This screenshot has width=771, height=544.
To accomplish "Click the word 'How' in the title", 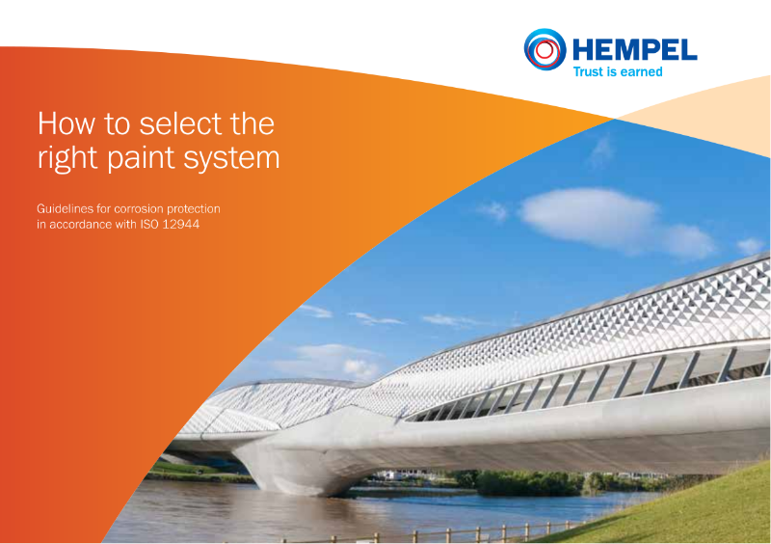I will (x=63, y=123).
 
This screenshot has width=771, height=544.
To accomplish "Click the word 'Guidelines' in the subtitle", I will (x=65, y=208).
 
